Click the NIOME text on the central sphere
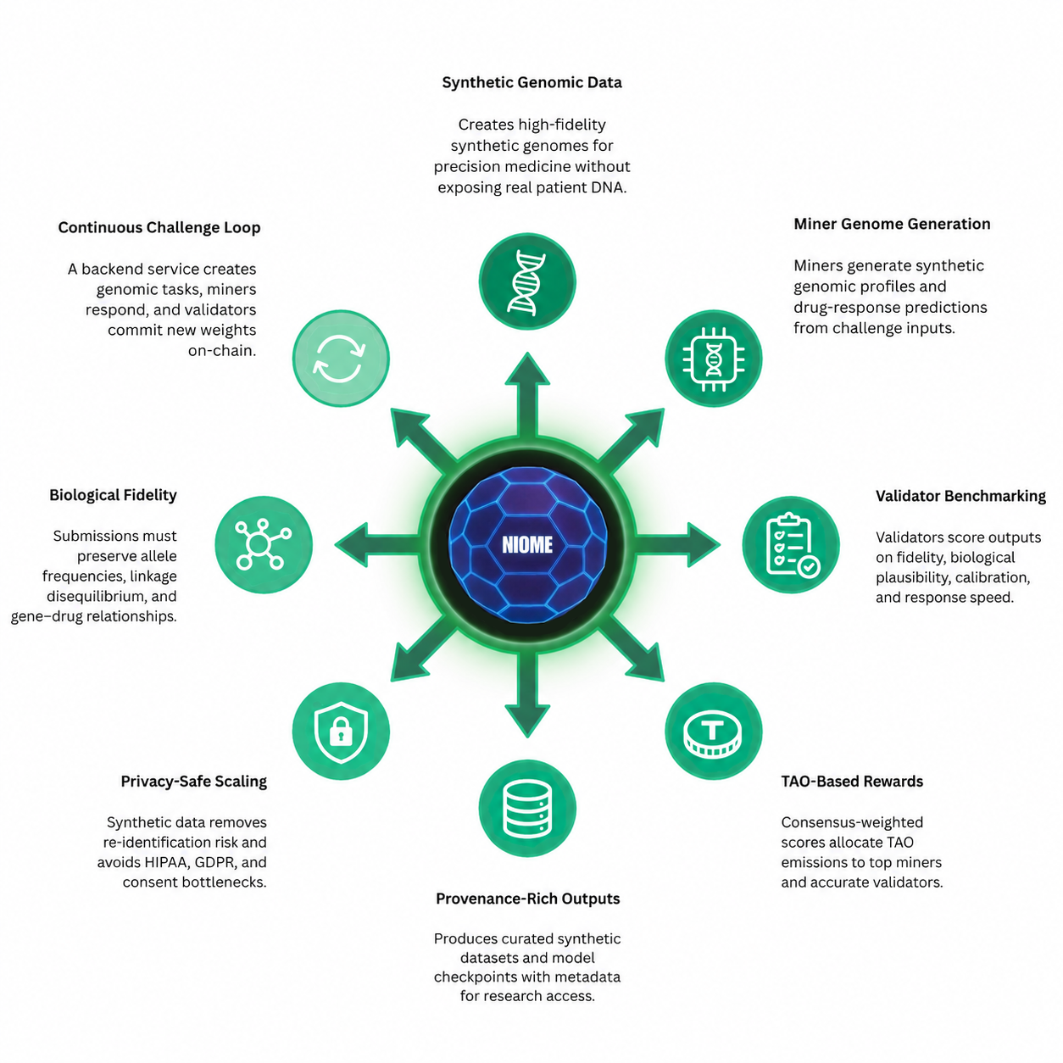tap(526, 544)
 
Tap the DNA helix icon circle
tap(526, 281)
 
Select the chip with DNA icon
tap(713, 359)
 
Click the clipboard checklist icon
tap(791, 544)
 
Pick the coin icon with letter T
tap(713, 731)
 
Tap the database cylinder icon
tap(526, 808)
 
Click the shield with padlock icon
tap(341, 731)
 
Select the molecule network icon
tap(264, 544)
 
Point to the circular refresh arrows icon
tap(341, 359)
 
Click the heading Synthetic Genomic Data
tap(531, 83)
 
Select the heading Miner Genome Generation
tap(892, 224)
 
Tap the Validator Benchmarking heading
tap(960, 496)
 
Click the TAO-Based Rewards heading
tap(852, 781)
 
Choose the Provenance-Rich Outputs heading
tap(527, 899)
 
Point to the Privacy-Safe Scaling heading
tap(193, 781)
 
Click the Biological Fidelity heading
tap(113, 495)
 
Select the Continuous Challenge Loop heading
tap(159, 228)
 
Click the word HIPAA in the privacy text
tap(168, 862)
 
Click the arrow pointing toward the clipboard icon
tap(677, 544)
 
